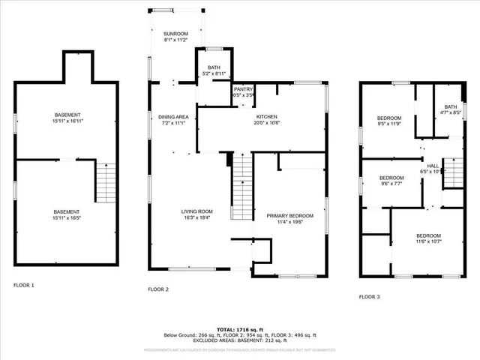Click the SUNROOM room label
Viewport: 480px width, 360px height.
tap(175, 34)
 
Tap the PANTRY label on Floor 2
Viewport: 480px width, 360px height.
tap(244, 89)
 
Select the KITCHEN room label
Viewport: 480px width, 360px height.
tap(267, 117)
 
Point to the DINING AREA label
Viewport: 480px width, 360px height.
tap(172, 117)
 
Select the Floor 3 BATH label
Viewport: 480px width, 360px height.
tap(450, 107)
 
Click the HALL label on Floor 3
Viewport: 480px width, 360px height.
tap(433, 166)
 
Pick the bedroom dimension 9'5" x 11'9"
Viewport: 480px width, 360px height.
tap(388, 124)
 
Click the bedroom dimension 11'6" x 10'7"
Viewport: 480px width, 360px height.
tap(428, 241)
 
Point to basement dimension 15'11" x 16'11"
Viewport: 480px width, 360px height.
tap(67, 121)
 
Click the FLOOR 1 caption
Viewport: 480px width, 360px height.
tap(24, 285)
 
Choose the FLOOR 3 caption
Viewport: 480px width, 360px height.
tap(369, 297)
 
